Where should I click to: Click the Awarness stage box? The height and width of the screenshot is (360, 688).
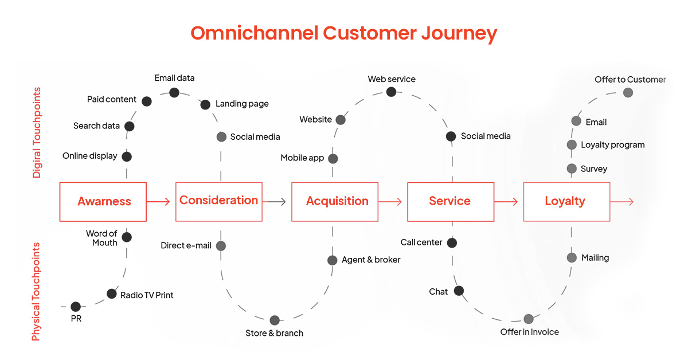tap(103, 202)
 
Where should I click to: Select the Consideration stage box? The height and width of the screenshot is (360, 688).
tap(219, 202)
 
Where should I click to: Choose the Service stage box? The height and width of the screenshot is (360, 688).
tap(451, 202)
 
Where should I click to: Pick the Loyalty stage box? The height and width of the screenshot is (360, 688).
tap(566, 202)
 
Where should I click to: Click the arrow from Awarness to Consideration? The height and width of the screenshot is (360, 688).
tap(159, 202)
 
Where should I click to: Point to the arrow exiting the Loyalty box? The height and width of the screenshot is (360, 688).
tap(622, 202)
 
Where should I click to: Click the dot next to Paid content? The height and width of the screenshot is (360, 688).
tap(147, 101)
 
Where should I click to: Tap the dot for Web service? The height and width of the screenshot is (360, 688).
tap(391, 92)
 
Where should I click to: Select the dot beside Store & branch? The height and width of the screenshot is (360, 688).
tap(275, 320)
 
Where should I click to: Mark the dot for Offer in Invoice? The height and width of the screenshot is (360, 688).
tap(529, 319)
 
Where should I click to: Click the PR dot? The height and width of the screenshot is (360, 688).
tap(76, 307)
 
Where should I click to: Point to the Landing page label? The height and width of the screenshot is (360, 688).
tap(242, 104)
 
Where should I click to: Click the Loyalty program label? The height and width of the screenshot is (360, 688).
tap(612, 145)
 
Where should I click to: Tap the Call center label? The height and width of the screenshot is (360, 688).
tap(421, 242)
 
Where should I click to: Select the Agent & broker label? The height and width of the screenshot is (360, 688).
tap(371, 260)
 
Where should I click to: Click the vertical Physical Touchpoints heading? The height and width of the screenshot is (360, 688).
tap(36, 291)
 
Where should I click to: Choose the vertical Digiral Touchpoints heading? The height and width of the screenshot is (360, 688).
tap(37, 132)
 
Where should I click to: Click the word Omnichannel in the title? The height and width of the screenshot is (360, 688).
tap(253, 33)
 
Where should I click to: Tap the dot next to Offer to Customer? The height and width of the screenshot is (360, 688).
tap(629, 92)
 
